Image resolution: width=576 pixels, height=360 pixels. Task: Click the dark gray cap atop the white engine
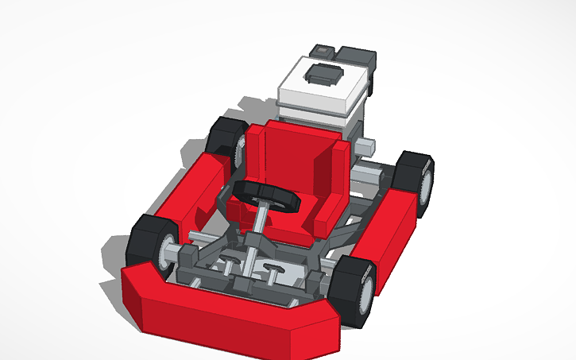323,76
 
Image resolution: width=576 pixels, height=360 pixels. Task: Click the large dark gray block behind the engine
356,57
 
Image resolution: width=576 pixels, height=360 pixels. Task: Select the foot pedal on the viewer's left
230,256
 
